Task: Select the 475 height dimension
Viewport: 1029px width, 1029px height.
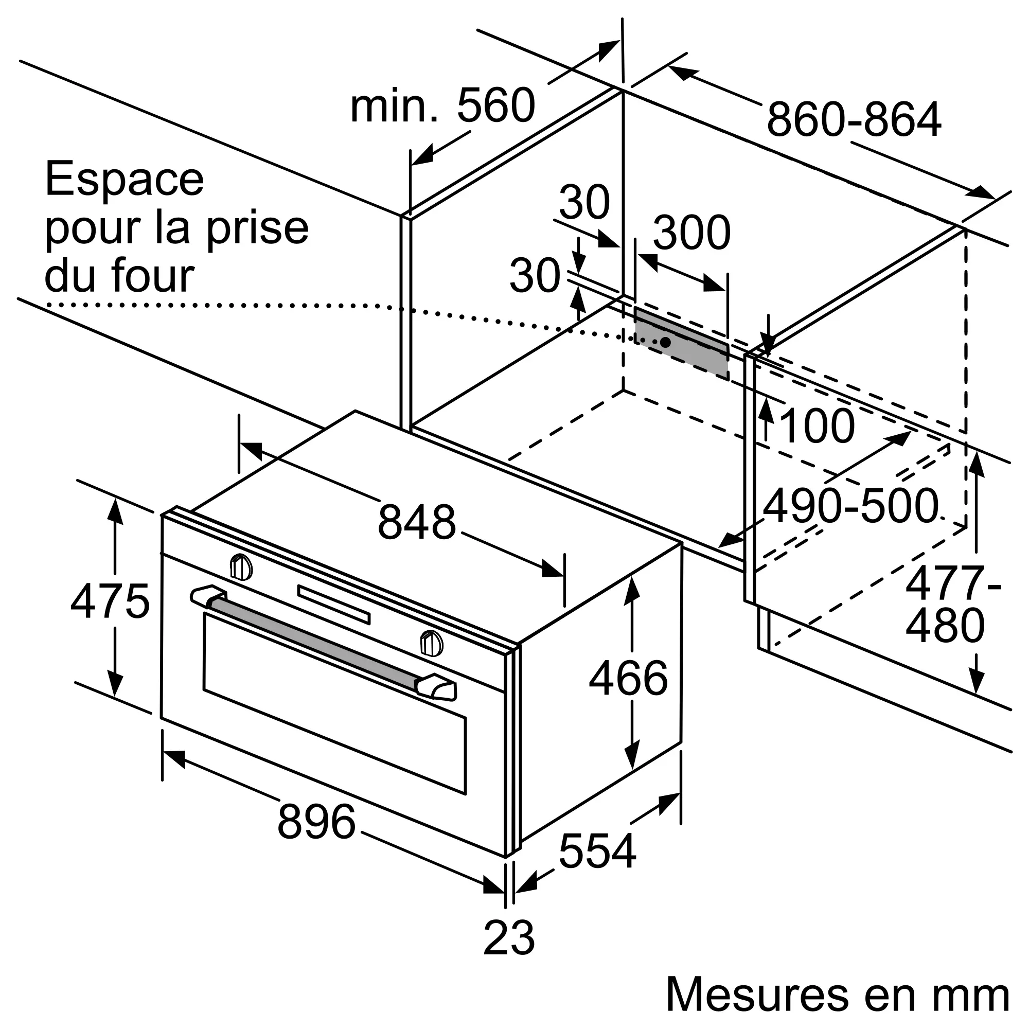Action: pos(110,601)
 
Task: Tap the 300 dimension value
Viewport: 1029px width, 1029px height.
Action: pos(691,232)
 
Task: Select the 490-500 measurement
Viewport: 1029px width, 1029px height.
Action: pos(850,506)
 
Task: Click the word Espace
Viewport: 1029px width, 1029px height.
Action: pos(125,180)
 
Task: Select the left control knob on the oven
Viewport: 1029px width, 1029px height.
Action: pos(241,566)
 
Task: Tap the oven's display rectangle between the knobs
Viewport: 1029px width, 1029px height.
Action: pos(333,605)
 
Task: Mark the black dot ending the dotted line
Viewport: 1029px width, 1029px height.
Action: pos(666,342)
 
